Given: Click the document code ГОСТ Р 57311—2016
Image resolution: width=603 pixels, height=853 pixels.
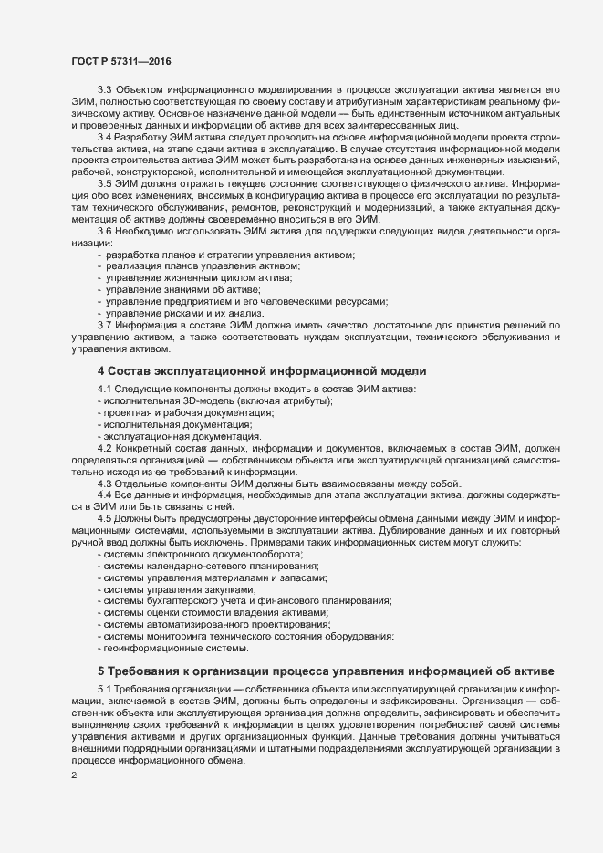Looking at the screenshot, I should coord(120,61).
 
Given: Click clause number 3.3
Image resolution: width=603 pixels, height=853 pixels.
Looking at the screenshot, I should coord(104,88).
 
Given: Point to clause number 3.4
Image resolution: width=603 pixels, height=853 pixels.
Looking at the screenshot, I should coord(104,137).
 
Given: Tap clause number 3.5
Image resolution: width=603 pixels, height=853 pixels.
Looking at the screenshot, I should coord(104,183).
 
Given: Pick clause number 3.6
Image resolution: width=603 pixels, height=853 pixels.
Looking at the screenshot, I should coord(104,232).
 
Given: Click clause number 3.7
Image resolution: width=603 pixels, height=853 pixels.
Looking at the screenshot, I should coord(104,326).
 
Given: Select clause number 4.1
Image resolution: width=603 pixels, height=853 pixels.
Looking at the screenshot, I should coord(104,390).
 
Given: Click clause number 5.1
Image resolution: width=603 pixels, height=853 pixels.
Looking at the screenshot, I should coord(104,687).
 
